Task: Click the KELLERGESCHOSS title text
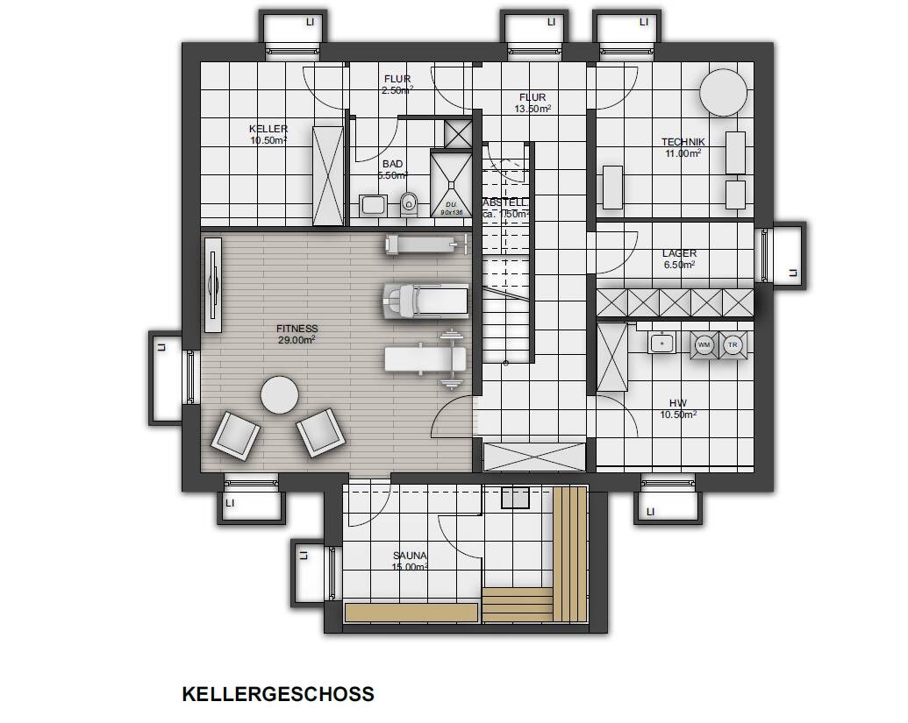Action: click(278, 694)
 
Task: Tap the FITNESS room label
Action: click(297, 330)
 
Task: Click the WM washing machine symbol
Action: click(704, 345)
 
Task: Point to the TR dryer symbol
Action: click(733, 345)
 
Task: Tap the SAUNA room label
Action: click(410, 556)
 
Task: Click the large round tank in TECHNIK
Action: click(724, 92)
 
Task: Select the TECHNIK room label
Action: click(683, 142)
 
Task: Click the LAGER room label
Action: click(679, 254)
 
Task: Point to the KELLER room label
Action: click(268, 129)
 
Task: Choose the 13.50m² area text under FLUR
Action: click(533, 109)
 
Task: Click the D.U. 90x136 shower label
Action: click(451, 208)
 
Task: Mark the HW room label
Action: click(678, 403)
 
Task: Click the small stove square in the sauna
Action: click(515, 498)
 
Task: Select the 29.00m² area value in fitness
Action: click(297, 340)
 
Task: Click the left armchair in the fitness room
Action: click(235, 435)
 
